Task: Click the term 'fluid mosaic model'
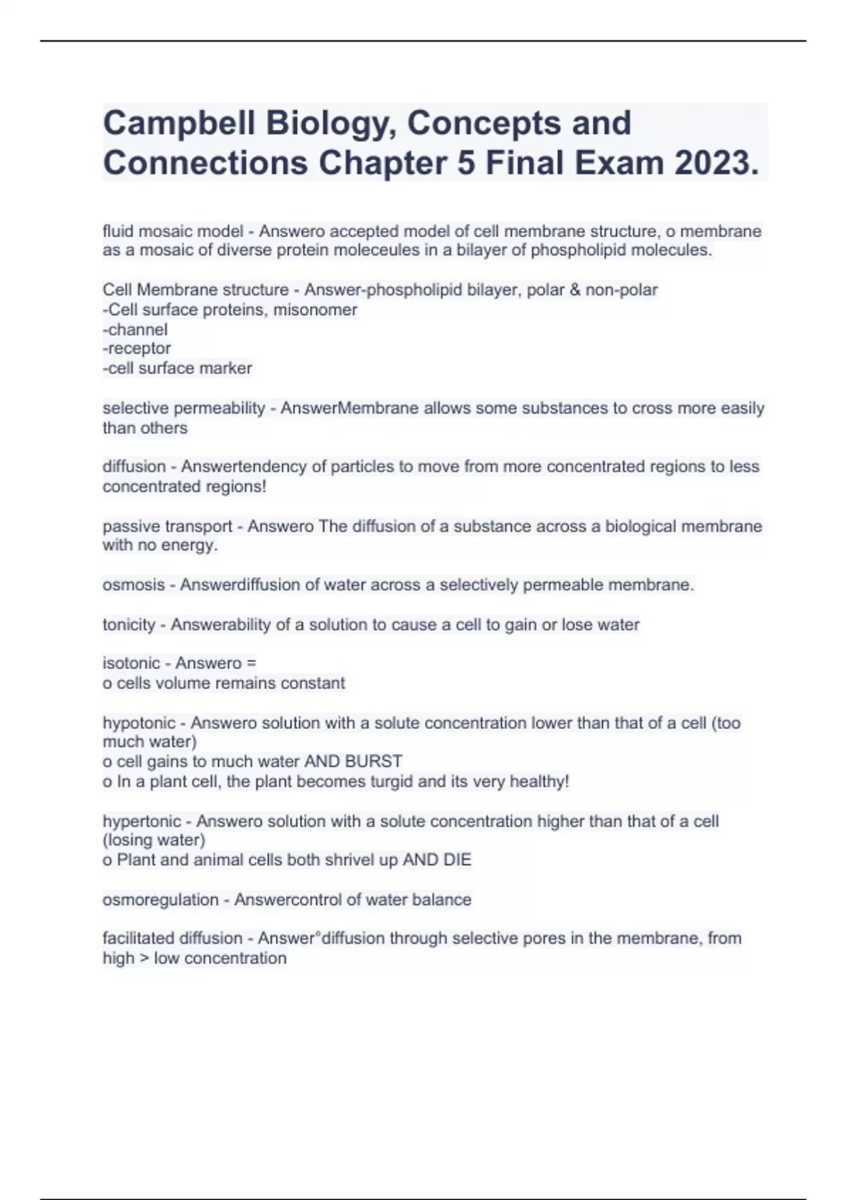173,232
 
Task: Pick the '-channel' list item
135,330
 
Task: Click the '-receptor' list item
136,349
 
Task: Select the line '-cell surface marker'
177,368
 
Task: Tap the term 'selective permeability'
184,409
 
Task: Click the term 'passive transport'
167,527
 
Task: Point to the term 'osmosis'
133,585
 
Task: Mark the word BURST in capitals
373,762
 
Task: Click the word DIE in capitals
457,860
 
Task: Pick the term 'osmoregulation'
160,900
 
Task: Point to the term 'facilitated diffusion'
172,939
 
